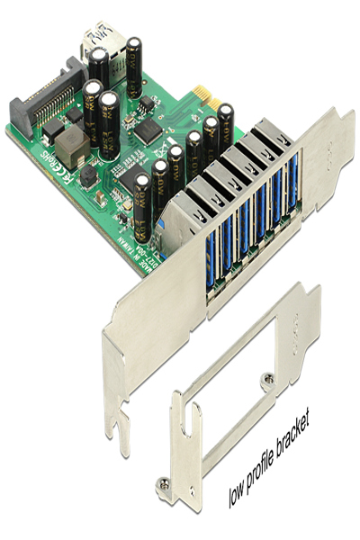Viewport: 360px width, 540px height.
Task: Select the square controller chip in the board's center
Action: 147,134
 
